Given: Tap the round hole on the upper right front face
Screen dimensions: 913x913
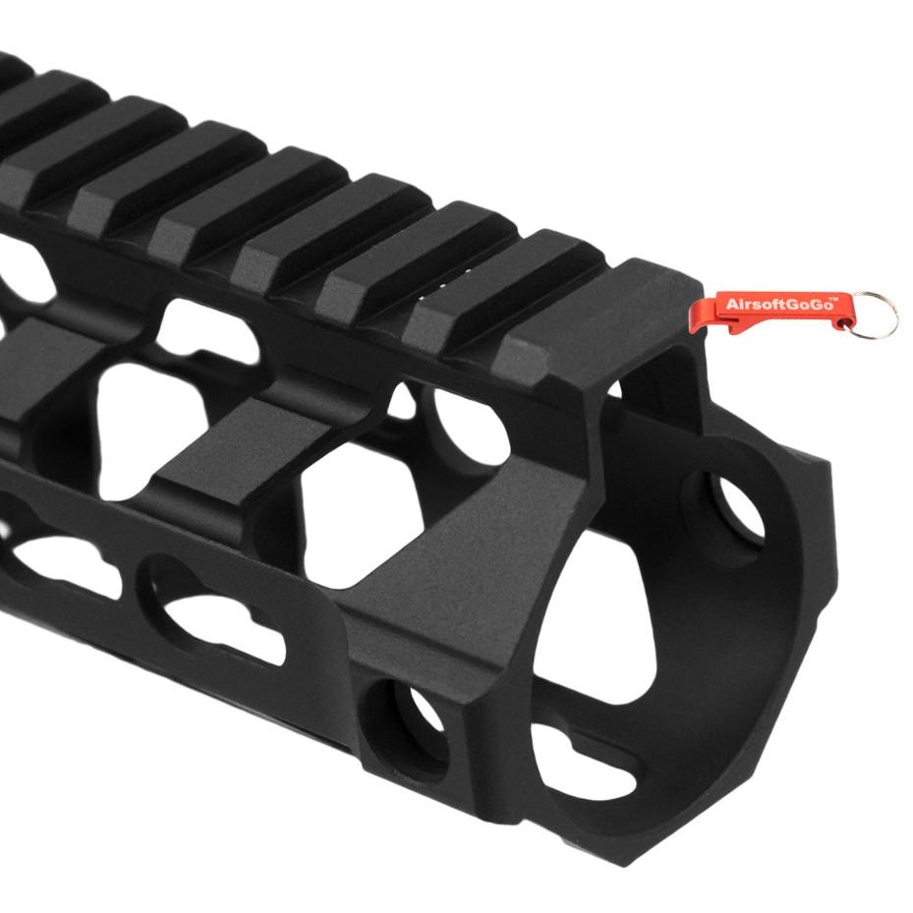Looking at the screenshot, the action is point(736,508).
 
